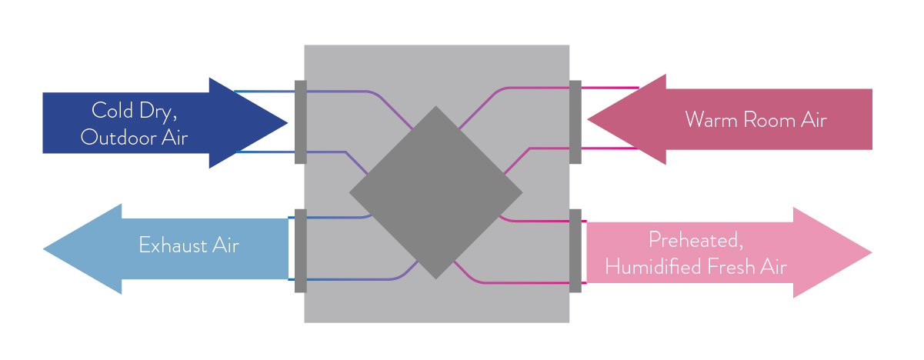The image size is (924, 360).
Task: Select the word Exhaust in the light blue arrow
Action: click(x=168, y=245)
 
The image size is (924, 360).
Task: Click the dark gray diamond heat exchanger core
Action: click(x=435, y=192)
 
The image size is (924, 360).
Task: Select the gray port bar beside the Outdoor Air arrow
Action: click(x=300, y=122)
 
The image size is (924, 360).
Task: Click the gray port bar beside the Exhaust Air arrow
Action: click(x=300, y=250)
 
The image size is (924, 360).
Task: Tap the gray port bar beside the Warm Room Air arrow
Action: click(x=575, y=122)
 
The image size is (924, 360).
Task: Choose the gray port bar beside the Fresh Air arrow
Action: click(x=575, y=250)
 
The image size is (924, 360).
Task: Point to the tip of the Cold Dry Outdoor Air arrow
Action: click(x=285, y=122)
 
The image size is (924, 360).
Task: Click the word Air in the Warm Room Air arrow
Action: click(x=812, y=120)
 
